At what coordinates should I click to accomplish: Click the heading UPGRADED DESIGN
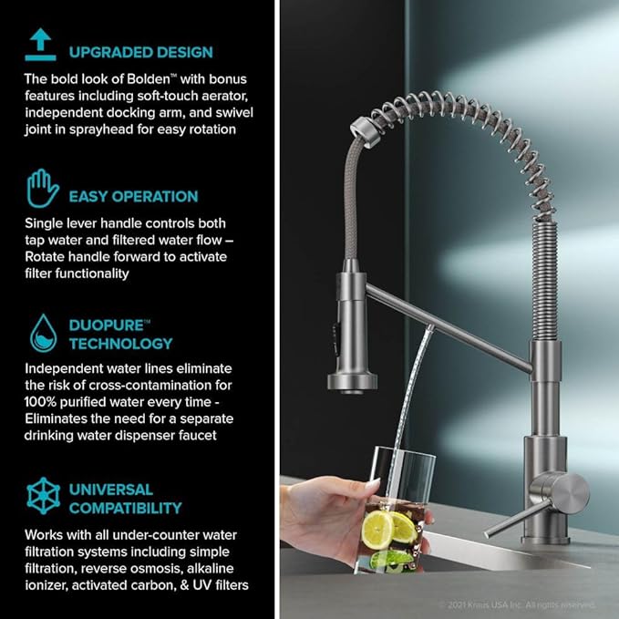(x=140, y=52)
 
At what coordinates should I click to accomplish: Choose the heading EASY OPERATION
(x=133, y=196)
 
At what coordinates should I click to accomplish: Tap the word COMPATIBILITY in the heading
(x=126, y=508)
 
